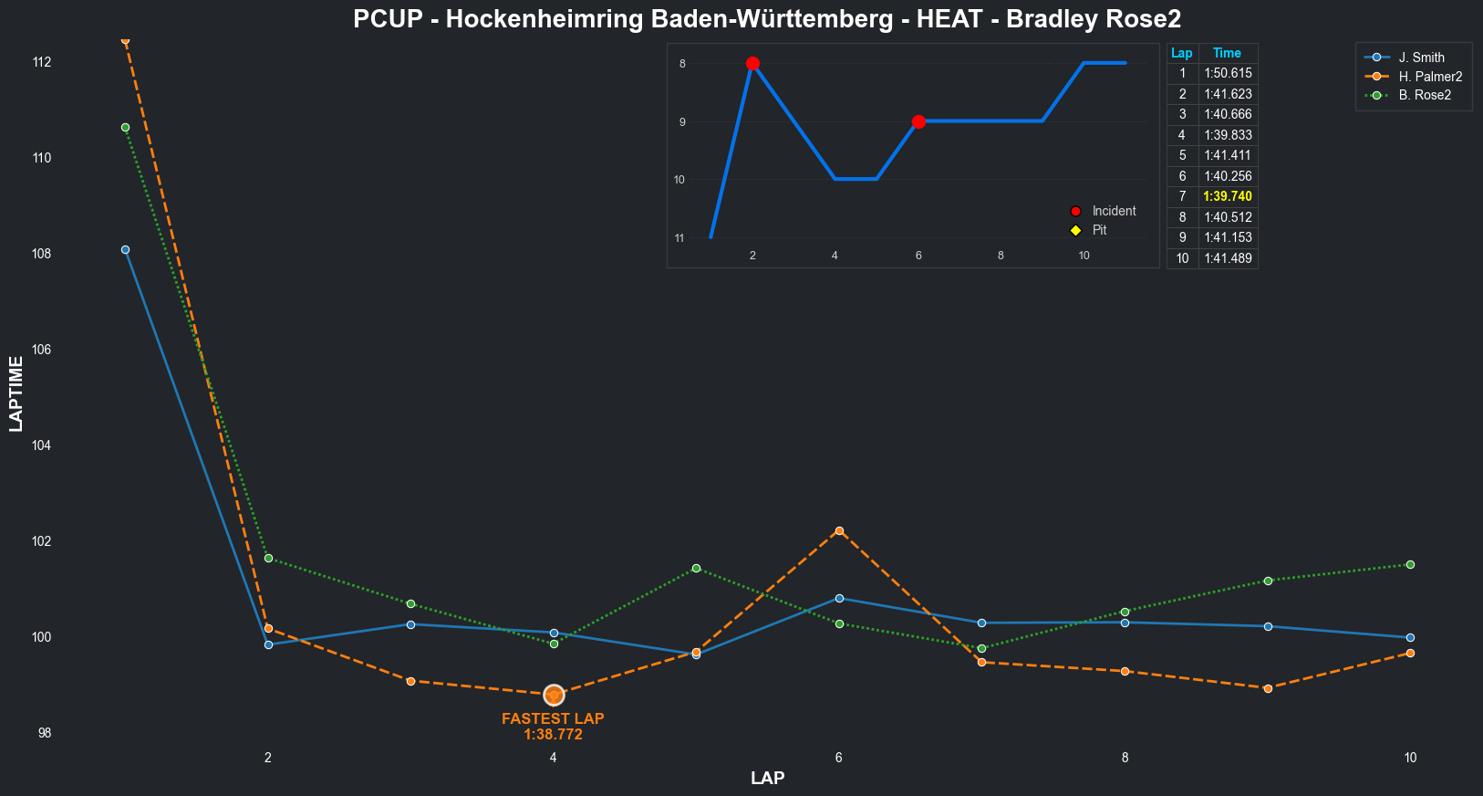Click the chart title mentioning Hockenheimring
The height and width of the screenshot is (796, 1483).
pyautogui.click(x=767, y=19)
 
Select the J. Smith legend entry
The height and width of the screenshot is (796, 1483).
pyautogui.click(x=1421, y=58)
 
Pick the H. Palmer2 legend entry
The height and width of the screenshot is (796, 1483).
pyautogui.click(x=1429, y=77)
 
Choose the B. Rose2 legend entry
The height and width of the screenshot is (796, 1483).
pyautogui.click(x=1424, y=95)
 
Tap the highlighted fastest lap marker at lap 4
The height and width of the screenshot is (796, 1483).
pyautogui.click(x=554, y=696)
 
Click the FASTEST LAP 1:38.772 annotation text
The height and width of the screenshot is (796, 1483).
pyautogui.click(x=553, y=727)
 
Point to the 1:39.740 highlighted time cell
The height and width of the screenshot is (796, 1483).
pyautogui.click(x=1228, y=196)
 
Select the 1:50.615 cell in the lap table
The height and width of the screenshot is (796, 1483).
pyautogui.click(x=1228, y=73)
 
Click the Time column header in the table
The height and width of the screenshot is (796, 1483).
pyautogui.click(x=1227, y=53)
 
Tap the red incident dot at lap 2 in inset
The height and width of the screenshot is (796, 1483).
pyautogui.click(x=752, y=63)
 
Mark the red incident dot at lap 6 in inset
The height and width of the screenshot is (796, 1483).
pyautogui.click(x=918, y=121)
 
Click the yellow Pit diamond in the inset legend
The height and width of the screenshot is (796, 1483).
pyautogui.click(x=1075, y=230)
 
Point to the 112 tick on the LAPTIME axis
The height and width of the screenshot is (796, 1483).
pyautogui.click(x=42, y=62)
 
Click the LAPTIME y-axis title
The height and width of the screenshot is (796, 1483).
pyautogui.click(x=16, y=393)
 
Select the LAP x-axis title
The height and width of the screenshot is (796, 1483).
pyautogui.click(x=767, y=779)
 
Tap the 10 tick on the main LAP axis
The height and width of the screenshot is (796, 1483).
pyautogui.click(x=1410, y=758)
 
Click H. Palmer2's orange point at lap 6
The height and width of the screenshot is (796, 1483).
pyautogui.click(x=839, y=530)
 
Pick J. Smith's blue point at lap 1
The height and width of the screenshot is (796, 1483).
pyautogui.click(x=125, y=249)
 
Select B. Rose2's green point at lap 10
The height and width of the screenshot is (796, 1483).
pyautogui.click(x=1410, y=564)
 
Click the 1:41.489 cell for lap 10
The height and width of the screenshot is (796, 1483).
pyautogui.click(x=1228, y=258)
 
